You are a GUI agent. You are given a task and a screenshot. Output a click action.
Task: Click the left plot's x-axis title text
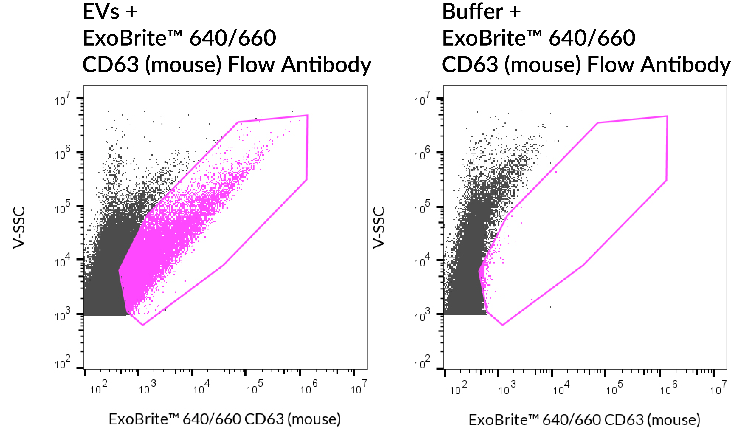[x=225, y=419]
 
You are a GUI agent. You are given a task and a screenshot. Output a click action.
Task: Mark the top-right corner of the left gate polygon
[x=307, y=115]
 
